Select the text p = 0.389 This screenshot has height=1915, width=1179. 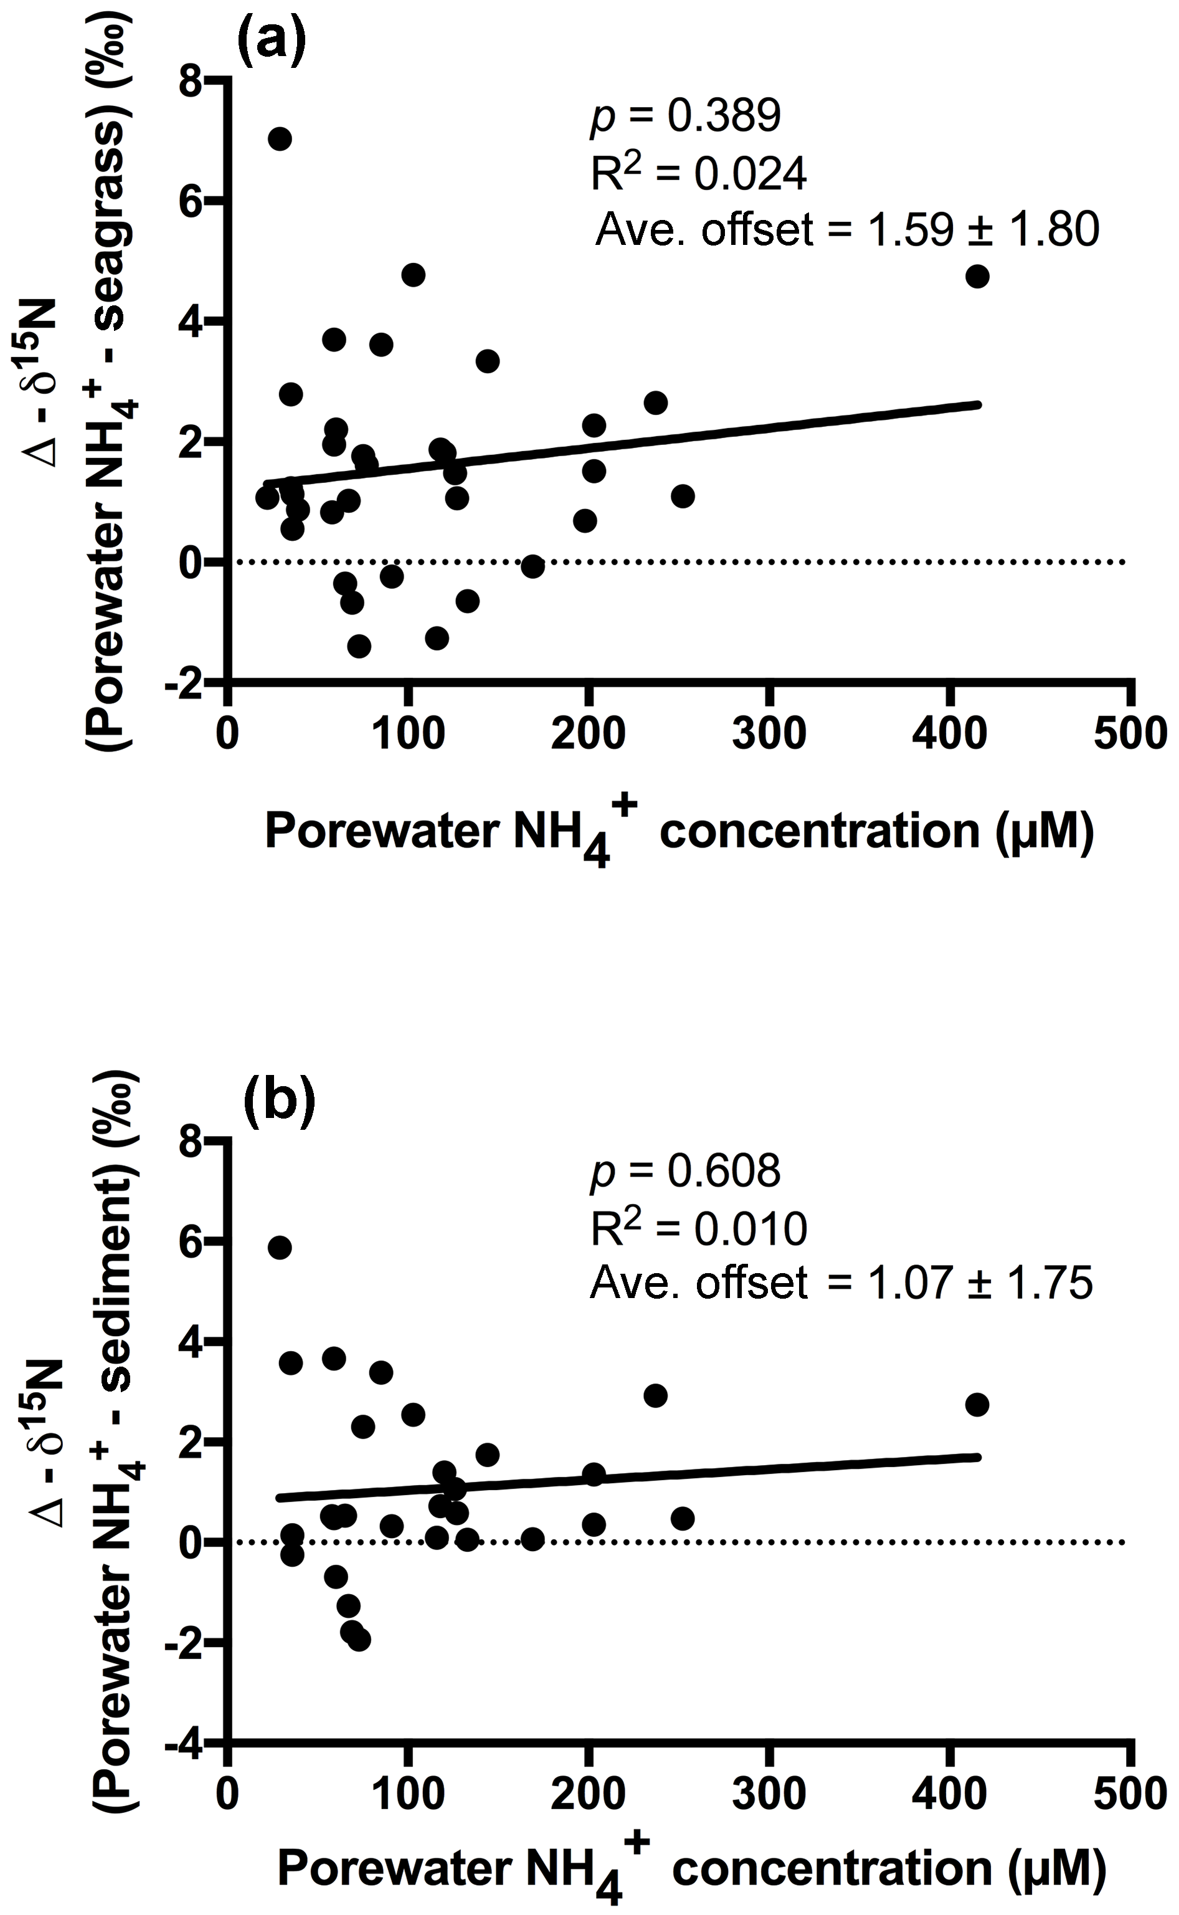coord(684,115)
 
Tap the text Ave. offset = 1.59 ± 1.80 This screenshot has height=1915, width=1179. coord(847,229)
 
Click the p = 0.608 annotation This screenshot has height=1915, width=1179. coord(684,1171)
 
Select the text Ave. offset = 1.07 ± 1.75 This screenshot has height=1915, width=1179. coord(841,1282)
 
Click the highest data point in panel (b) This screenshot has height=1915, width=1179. coord(280,1248)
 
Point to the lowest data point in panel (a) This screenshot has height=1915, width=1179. coord(359,646)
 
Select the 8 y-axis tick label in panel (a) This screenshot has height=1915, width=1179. coord(191,82)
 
